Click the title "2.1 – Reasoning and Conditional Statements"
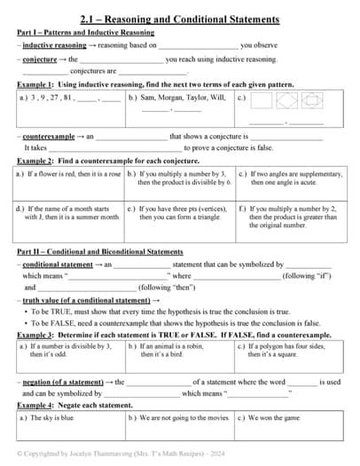180,19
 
